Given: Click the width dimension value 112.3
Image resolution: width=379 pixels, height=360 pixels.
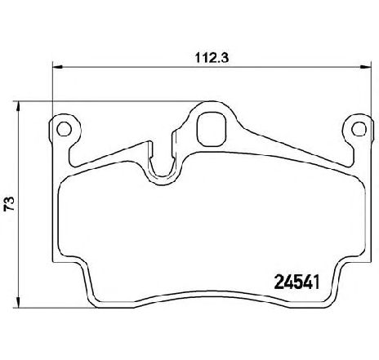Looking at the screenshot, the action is coord(212,58).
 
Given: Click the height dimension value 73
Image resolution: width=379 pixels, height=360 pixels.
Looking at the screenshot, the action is coord(9,203).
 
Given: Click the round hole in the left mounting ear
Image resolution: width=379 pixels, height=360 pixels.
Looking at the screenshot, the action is coord(65,129).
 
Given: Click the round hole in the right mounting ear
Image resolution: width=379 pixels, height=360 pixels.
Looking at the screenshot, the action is coord(359,129).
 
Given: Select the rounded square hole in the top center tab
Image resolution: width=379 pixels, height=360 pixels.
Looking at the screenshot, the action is coord(212,129).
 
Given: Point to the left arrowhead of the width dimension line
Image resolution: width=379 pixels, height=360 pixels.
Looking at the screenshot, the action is coord(57,67).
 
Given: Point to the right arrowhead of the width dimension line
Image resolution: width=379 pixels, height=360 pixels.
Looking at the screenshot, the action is coord(366,67).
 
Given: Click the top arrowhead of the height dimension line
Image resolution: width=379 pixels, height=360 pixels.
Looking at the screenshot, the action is coord(18,106).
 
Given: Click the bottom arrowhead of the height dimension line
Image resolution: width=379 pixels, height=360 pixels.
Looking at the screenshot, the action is coord(18,302).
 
